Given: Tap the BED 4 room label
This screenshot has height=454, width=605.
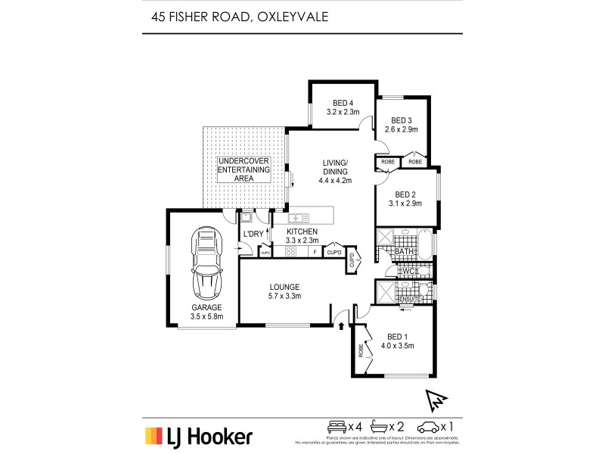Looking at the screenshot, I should point(342,104).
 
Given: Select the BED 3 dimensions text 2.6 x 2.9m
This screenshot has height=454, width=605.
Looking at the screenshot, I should point(402,130).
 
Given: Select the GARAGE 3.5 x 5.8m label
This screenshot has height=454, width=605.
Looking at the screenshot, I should point(206,313).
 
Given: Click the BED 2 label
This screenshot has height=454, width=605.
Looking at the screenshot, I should point(406,194).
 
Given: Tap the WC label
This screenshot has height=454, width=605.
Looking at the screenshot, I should point(409,271).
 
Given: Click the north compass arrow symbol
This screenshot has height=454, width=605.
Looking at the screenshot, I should point(436,398).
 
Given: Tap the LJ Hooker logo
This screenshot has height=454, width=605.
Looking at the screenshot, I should point(198,436).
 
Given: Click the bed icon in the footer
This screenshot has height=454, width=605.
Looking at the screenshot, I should point(335,427).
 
